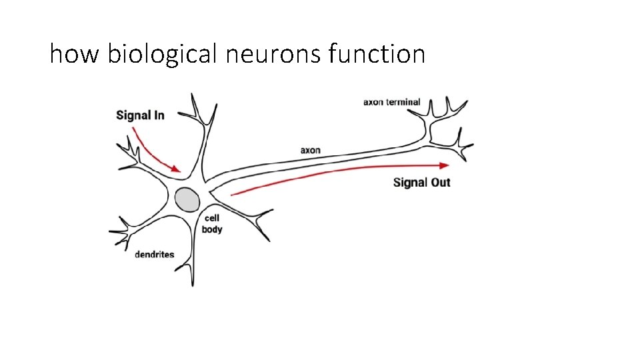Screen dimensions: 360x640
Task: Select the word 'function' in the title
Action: point(377,53)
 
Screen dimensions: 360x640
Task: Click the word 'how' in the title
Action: point(73,53)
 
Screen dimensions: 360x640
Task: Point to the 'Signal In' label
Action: point(140,115)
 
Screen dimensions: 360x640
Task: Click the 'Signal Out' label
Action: point(421,182)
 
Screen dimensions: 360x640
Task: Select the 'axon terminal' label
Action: point(391,102)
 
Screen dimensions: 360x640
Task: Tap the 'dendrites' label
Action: point(154,254)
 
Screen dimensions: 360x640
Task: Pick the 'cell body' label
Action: point(212,224)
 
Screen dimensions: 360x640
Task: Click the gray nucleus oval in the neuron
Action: point(187,199)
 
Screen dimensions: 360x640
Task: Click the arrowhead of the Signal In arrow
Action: point(177,170)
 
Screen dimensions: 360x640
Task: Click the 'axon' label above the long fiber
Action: point(310,150)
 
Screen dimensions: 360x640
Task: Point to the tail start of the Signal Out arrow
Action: point(231,195)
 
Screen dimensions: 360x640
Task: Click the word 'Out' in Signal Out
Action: point(440,182)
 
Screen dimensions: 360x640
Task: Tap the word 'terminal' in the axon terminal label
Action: point(403,102)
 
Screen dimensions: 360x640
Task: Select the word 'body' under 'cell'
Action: point(212,230)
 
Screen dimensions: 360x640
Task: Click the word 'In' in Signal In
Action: point(157,115)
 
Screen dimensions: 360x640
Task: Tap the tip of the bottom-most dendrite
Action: point(193,285)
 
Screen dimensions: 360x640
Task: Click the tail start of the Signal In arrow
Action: point(133,129)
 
